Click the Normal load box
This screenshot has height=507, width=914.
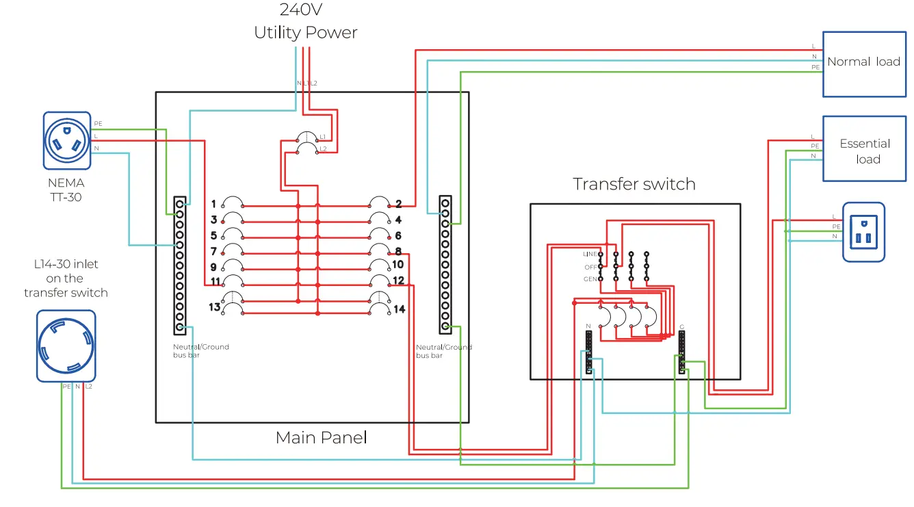coord(863,64)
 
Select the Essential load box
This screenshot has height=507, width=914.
coord(863,149)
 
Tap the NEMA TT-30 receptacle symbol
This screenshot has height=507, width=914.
coord(67,140)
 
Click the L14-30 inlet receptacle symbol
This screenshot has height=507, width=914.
coord(66,346)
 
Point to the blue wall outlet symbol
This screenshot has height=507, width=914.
coord(863,231)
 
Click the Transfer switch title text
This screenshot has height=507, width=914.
coord(634,184)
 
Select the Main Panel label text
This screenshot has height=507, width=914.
coord(321,437)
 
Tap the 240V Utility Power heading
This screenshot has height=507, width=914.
coord(306,21)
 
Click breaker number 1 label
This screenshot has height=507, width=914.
coord(213,204)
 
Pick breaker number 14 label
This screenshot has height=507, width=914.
coord(399,309)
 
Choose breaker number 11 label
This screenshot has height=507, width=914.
coord(215,281)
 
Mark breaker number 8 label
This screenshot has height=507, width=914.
coord(398,252)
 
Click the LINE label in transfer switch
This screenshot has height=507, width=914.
coord(590,255)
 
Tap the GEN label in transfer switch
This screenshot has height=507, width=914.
coord(590,279)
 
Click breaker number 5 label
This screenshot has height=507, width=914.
coord(213,235)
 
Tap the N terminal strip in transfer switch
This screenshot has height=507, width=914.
coord(588,352)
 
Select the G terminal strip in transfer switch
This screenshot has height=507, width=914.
coord(681,352)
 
